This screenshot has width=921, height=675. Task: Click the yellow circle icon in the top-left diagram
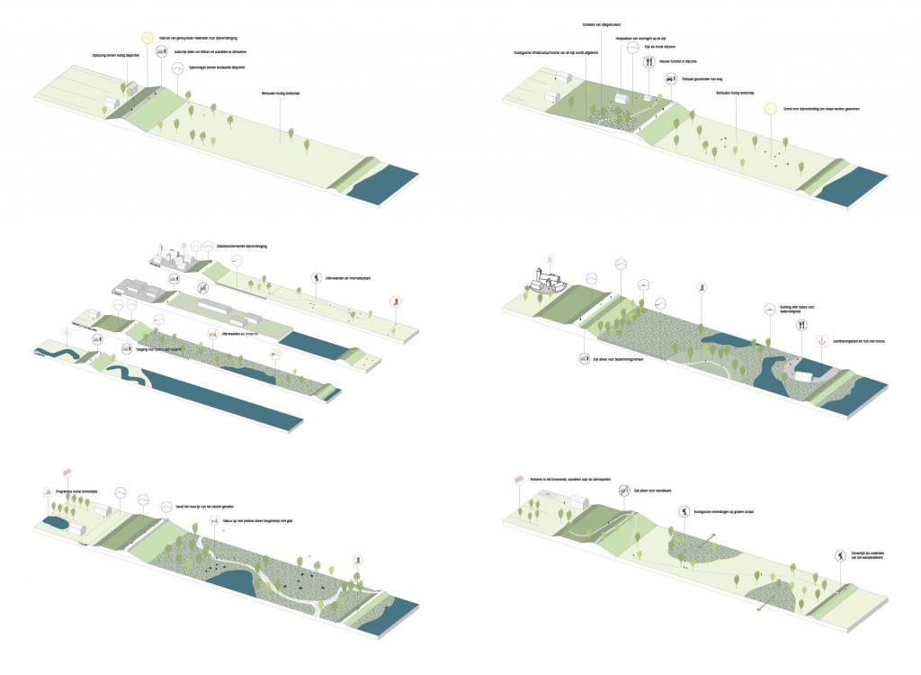(148, 38)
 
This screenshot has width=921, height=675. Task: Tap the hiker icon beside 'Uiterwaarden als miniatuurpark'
(317, 278)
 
